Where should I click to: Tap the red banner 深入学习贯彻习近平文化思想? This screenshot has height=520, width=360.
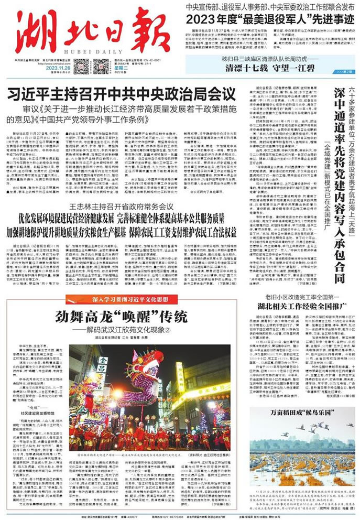[x=113, y=300]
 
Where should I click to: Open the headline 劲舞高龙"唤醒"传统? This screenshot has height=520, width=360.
[x=121, y=317]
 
